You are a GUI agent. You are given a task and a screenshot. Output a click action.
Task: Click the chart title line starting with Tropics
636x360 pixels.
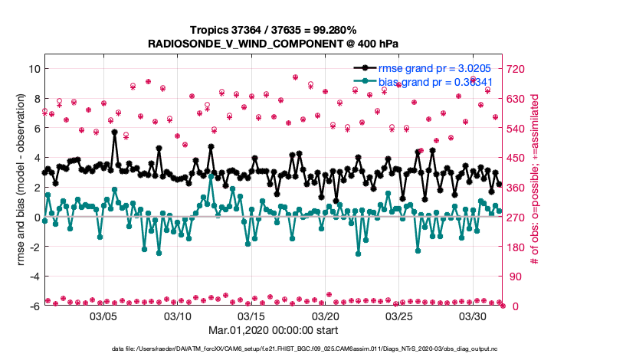coord(274,30)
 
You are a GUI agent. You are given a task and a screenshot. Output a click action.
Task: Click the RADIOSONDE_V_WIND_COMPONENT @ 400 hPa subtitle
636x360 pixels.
coord(274,44)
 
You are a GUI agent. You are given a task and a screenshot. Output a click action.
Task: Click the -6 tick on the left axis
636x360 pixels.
coord(33,306)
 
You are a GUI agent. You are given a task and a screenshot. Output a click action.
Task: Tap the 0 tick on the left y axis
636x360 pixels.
coord(35,218)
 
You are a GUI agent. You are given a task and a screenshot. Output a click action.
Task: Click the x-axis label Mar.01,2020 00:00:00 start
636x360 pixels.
coord(274,332)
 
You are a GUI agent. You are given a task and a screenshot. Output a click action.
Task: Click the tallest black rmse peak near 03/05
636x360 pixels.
coord(114,132)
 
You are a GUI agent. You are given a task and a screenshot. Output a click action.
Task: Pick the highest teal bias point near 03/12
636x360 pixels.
coord(211,177)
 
